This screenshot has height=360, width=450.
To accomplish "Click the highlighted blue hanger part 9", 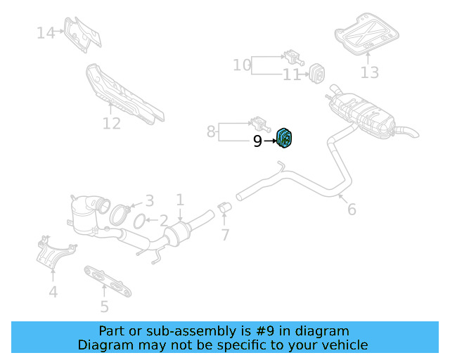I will coord(285,139).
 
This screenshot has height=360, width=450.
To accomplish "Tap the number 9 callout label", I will coord(257,142).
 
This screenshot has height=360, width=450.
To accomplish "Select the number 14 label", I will coord(46,32).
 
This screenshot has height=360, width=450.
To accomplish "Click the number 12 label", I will coord(112,124).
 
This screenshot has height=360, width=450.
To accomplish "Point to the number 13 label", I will coord(370,72).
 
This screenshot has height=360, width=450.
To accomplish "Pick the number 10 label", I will coord(242,65).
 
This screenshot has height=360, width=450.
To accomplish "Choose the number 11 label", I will coord(291,75).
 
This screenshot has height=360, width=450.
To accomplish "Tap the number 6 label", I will coord(352,209).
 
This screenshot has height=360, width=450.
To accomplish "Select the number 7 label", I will coord(225,235).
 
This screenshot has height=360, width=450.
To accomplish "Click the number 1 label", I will coord(180,200).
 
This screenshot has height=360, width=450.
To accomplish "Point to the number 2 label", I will coord(163,221).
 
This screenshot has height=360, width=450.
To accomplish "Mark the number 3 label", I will coord(148,201).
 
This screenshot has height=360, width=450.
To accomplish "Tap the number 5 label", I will coord(104,306).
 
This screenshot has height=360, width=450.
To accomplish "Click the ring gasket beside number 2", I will coord(140,222).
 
